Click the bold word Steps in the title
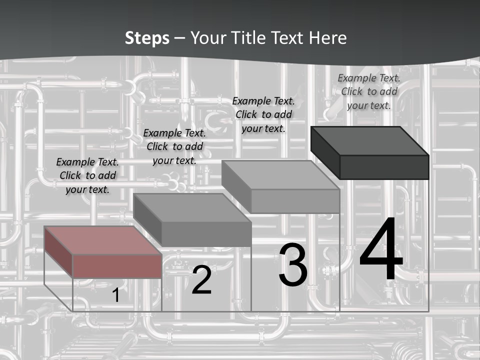pyautogui.click(x=147, y=38)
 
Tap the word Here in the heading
pyautogui.click(x=327, y=38)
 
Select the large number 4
pyautogui.click(x=381, y=251)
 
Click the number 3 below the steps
pyautogui.click(x=293, y=265)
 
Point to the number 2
pyautogui.click(x=201, y=280)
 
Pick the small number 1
pyautogui.click(x=115, y=295)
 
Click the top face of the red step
pyautogui.click(x=102, y=240)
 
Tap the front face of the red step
pyautogui.click(x=117, y=266)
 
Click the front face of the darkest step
pyautogui.click(x=384, y=167)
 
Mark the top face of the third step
pyautogui.click(x=280, y=174)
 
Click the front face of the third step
pyautogui.click(x=295, y=201)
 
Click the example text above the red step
pyautogui.click(x=87, y=175)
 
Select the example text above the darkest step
pyautogui.click(x=369, y=91)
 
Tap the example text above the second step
pyautogui.click(x=174, y=146)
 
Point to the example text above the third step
pyautogui.click(x=263, y=114)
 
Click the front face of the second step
pyautogui.click(x=206, y=234)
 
